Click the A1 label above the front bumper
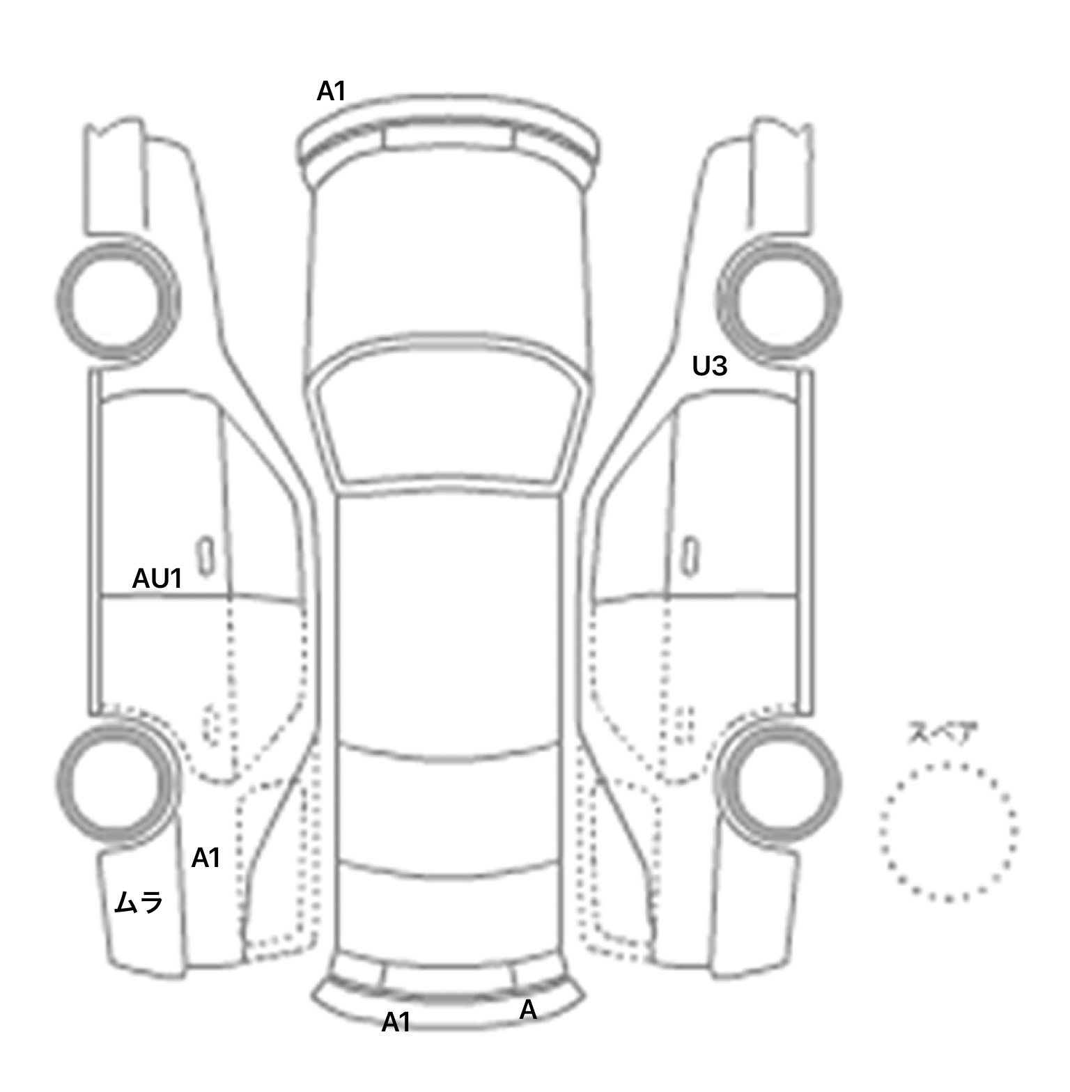[x=331, y=91]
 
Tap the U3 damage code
[x=709, y=366]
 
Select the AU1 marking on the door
[x=157, y=578]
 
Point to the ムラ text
[x=139, y=903]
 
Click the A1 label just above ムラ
[x=206, y=858]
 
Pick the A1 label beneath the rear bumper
[x=396, y=1022]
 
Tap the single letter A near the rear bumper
[x=528, y=1010]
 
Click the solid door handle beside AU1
[x=205, y=556]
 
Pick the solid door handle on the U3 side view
[x=690, y=556]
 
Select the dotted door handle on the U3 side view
[x=685, y=724]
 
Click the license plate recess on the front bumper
[x=449, y=136]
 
